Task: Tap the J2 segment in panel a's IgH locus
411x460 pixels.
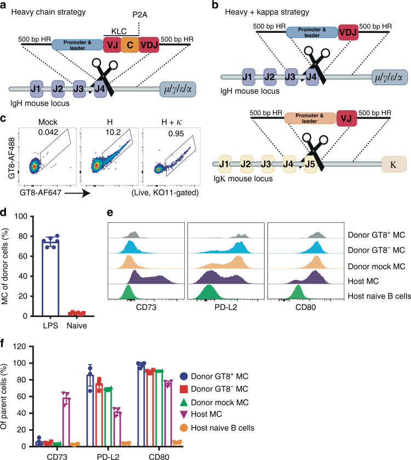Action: pyautogui.click(x=59, y=87)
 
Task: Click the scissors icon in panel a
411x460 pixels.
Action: pyautogui.click(x=106, y=71)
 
